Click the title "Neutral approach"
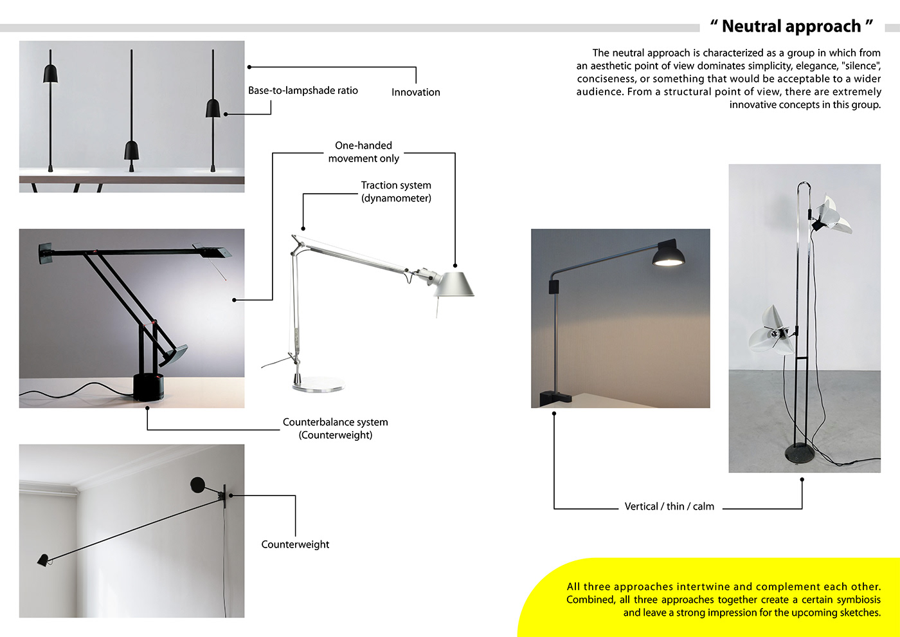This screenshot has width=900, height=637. click(x=791, y=26)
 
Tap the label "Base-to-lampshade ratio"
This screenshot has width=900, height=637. click(x=303, y=91)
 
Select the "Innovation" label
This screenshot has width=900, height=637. click(x=415, y=92)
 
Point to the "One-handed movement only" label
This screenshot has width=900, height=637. click(x=363, y=152)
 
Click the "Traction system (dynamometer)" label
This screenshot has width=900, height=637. click(x=396, y=192)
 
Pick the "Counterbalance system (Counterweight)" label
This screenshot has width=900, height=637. click(x=335, y=429)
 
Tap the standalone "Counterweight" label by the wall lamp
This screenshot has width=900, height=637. click(x=295, y=544)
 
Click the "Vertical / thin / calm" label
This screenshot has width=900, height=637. click(x=669, y=506)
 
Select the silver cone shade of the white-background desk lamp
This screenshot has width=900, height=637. click(x=455, y=284)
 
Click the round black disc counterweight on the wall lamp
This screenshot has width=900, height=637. click(x=197, y=484)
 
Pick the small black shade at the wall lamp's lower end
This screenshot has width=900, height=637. click(x=43, y=560)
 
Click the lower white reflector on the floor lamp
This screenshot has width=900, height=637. click(x=770, y=331)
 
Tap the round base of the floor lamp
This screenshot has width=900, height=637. click(x=803, y=454)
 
